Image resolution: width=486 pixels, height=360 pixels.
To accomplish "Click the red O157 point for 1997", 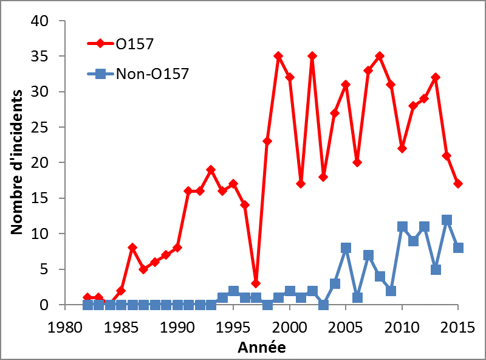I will coord(256,283).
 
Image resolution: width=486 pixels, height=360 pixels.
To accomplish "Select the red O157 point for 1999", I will coord(278,56).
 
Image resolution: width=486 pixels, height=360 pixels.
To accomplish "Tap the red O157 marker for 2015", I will coord(458,184).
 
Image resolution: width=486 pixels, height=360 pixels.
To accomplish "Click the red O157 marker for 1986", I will coord(132,247).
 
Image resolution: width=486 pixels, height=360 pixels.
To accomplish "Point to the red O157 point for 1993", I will coord(211,170).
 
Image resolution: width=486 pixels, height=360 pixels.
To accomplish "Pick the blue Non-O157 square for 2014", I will coord(447,220).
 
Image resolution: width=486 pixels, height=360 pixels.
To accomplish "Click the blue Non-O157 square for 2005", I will coord(346,248).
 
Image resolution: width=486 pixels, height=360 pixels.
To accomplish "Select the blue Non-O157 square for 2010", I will coord(402,226).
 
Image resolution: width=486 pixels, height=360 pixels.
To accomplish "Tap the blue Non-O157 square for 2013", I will coord(436,269).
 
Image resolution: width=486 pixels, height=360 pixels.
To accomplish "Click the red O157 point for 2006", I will coord(357,162).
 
